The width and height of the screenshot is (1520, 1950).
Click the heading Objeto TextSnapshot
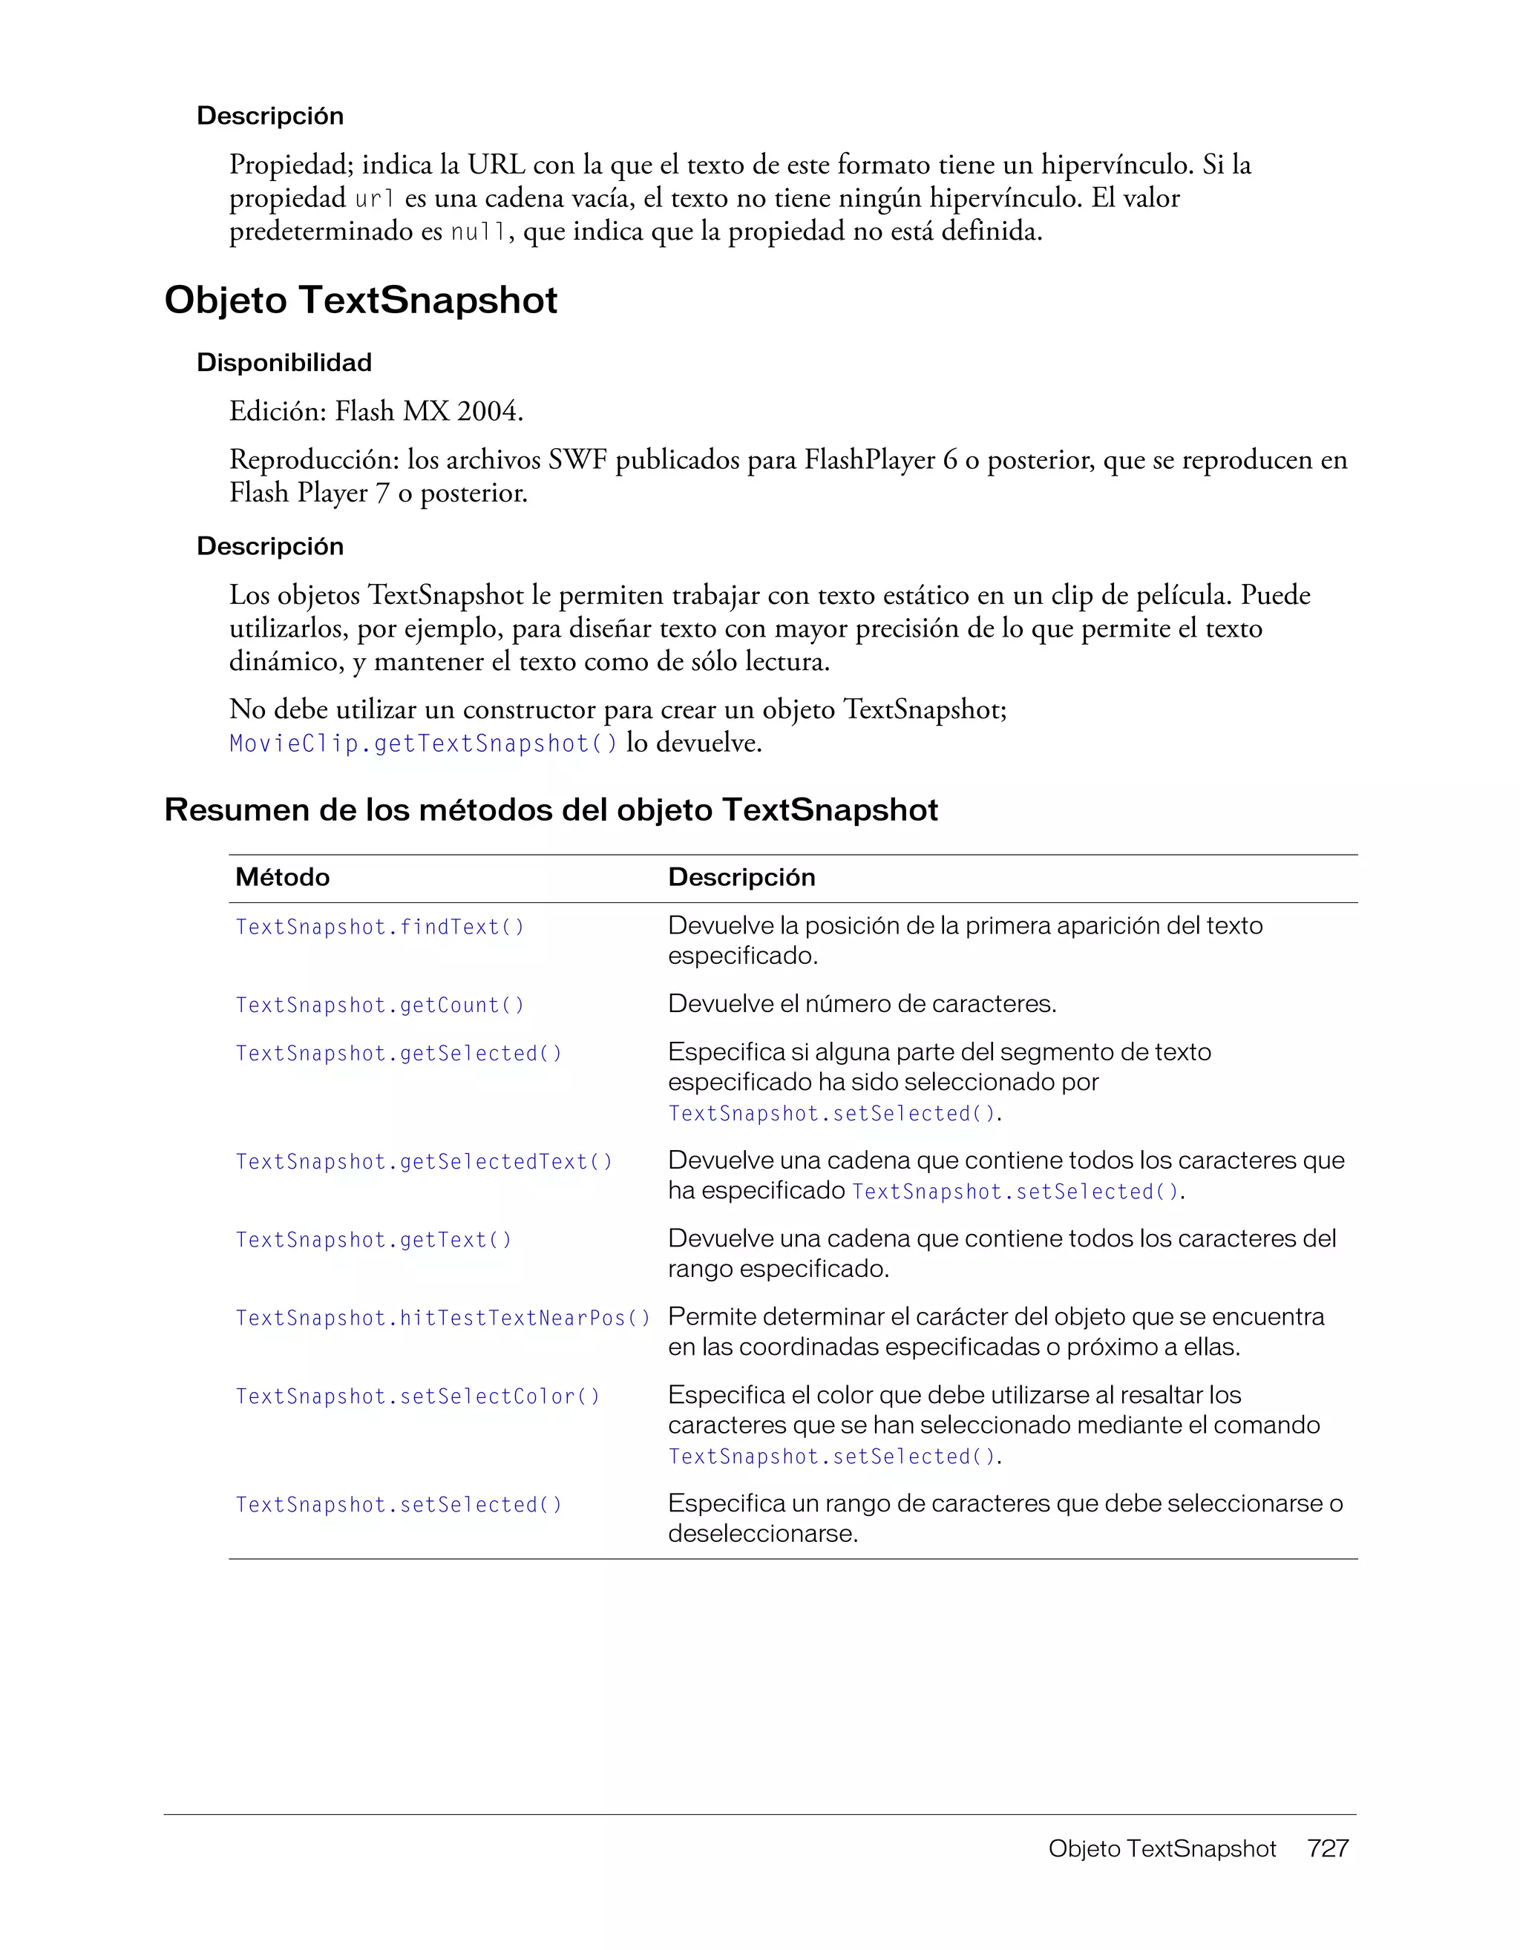[361, 300]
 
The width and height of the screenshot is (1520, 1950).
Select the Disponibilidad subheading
[284, 363]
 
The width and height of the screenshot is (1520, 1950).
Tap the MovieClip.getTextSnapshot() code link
[423, 743]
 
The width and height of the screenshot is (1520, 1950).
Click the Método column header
[282, 878]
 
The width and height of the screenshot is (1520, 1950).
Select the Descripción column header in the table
[741, 878]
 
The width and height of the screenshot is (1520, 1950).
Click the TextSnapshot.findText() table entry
[379, 928]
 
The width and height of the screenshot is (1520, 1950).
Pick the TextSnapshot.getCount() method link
[379, 1005]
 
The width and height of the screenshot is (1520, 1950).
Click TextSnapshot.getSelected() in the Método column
[399, 1054]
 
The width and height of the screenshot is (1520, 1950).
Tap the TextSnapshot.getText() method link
[373, 1240]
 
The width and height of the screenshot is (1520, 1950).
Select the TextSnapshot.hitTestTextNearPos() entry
[443, 1319]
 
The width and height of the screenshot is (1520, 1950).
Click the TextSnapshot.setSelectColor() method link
[418, 1396]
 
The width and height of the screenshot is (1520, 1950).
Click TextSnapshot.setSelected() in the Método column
[399, 1506]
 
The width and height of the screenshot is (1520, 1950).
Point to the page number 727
[1327, 1848]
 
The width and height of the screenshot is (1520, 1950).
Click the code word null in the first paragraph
[477, 233]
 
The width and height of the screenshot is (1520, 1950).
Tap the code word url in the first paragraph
[374, 199]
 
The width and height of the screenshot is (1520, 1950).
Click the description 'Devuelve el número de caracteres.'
[862, 1005]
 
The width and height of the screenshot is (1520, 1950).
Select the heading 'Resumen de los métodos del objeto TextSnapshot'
[551, 810]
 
